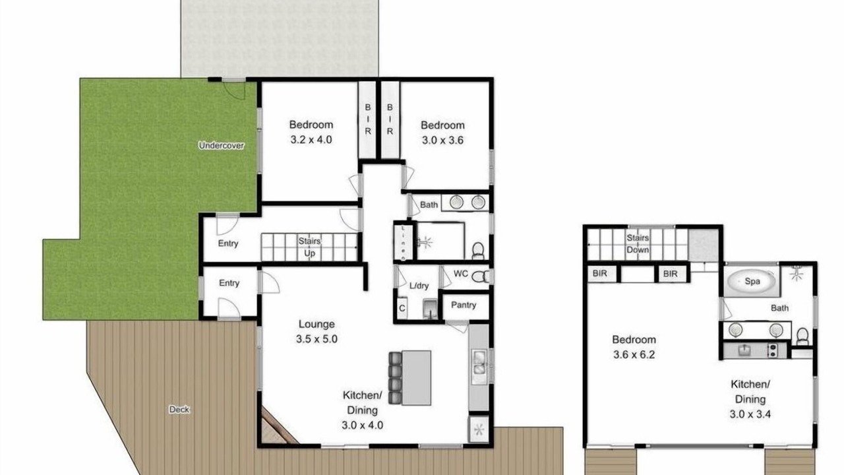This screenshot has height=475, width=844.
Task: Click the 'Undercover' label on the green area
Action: (x=221, y=146)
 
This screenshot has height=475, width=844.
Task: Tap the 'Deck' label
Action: (x=179, y=410)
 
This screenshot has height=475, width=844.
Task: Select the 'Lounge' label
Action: (x=316, y=324)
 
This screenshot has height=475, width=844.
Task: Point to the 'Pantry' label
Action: (x=464, y=305)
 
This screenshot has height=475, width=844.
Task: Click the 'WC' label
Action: (x=461, y=274)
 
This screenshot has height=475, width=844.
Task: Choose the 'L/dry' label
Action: (x=419, y=286)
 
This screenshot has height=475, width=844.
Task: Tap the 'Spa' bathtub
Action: (x=751, y=282)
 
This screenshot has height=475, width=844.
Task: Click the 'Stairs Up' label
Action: (x=309, y=247)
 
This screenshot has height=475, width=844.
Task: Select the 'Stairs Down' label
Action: (x=638, y=243)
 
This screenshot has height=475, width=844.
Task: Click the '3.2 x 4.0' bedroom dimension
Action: (x=311, y=140)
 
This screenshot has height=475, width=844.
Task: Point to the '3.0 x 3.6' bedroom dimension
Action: (x=442, y=141)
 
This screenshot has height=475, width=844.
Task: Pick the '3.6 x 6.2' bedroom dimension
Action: (x=634, y=355)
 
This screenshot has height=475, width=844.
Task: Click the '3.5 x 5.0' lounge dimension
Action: (x=316, y=339)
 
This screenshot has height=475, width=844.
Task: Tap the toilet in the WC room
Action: (x=481, y=277)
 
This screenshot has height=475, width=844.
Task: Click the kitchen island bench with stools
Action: (x=410, y=378)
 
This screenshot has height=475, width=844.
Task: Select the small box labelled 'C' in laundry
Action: (x=402, y=308)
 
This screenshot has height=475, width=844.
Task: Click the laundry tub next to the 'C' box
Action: (x=429, y=309)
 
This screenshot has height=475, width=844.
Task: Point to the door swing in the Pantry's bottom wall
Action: (x=457, y=327)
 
